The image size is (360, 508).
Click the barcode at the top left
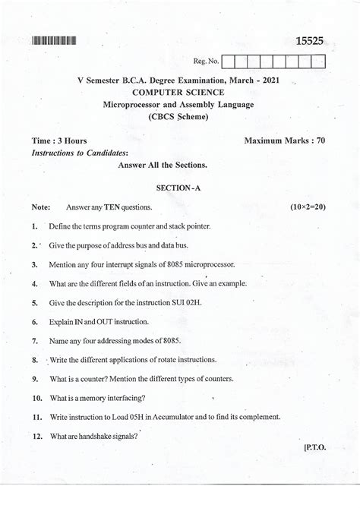point(55,40)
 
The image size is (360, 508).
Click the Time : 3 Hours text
point(59,141)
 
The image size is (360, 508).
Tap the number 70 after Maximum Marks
point(319,141)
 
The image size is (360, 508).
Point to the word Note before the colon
point(39,207)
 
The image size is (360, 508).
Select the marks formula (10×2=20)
point(308,207)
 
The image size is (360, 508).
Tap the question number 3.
point(35,264)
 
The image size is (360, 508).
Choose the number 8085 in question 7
point(168,341)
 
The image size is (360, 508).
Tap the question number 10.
point(36,397)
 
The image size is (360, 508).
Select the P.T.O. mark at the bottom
point(314,448)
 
